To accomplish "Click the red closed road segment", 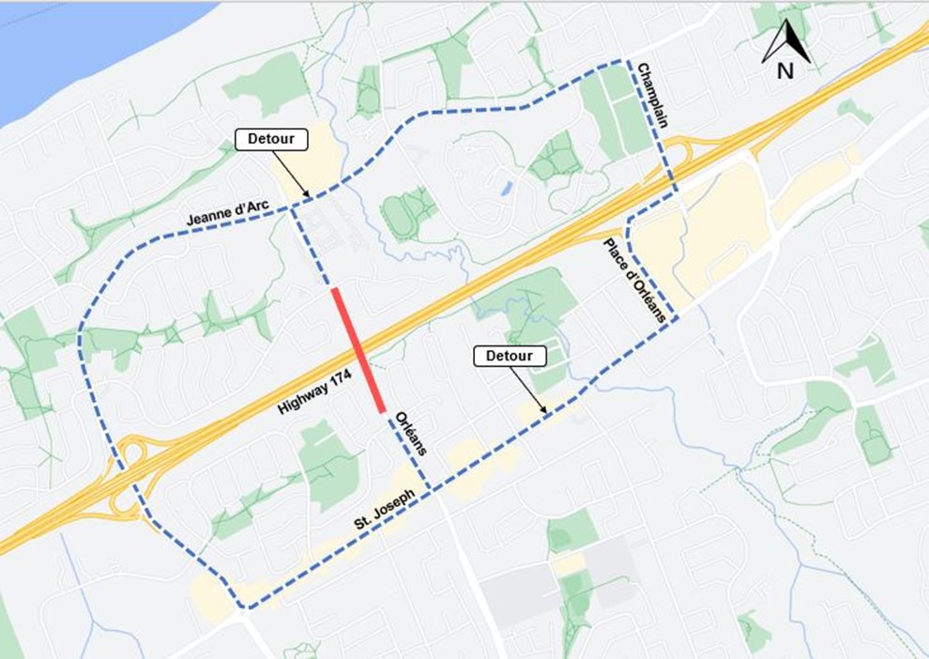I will tap(358, 350).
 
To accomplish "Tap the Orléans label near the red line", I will tap(410, 433).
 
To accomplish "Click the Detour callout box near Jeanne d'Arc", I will tap(271, 140).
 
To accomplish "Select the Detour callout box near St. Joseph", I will tap(510, 356).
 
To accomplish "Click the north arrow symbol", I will tap(787, 43).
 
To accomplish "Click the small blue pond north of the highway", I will tap(507, 188).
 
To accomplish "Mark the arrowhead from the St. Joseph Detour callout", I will tap(545, 410).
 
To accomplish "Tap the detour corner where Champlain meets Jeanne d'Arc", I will tap(621, 63).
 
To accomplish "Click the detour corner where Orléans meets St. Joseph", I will tap(430, 488).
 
